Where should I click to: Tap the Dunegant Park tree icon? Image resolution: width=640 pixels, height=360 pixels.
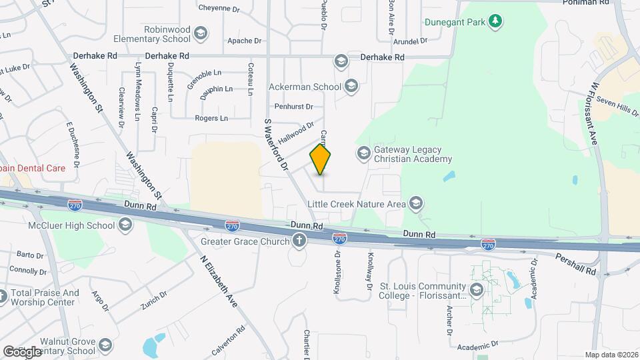click(495, 22)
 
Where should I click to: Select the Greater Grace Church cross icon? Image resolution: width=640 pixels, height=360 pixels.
click(299, 241)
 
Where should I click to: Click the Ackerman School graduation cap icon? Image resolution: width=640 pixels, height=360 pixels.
click(351, 87)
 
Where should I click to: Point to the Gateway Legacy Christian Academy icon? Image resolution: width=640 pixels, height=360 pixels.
click(363, 153)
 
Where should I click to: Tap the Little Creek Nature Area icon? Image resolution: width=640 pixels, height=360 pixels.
click(416, 203)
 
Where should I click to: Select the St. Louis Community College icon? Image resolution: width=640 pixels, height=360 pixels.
click(476, 290)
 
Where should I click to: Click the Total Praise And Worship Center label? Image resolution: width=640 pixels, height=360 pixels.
click(45, 297)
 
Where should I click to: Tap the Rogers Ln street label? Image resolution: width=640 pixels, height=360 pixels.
click(211, 118)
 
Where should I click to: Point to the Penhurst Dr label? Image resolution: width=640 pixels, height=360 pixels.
click(293, 106)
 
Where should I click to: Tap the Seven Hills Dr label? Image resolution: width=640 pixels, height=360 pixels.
click(618, 105)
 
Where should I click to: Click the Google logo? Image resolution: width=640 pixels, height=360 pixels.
click(22, 351)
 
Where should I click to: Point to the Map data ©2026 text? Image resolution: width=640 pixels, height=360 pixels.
click(611, 355)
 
